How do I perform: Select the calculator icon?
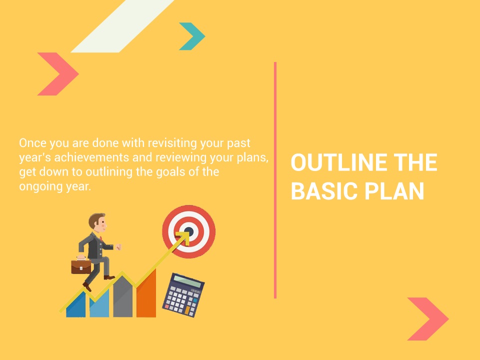[x=183, y=295]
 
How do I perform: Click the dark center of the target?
[x=189, y=231]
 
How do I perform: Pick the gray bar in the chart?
[x=123, y=296]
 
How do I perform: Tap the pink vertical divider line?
[x=275, y=180]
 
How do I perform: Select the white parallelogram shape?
[x=122, y=26]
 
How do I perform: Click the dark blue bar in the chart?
[x=76, y=305]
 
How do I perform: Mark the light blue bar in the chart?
[x=99, y=304]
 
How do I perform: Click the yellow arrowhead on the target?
[x=183, y=237]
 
